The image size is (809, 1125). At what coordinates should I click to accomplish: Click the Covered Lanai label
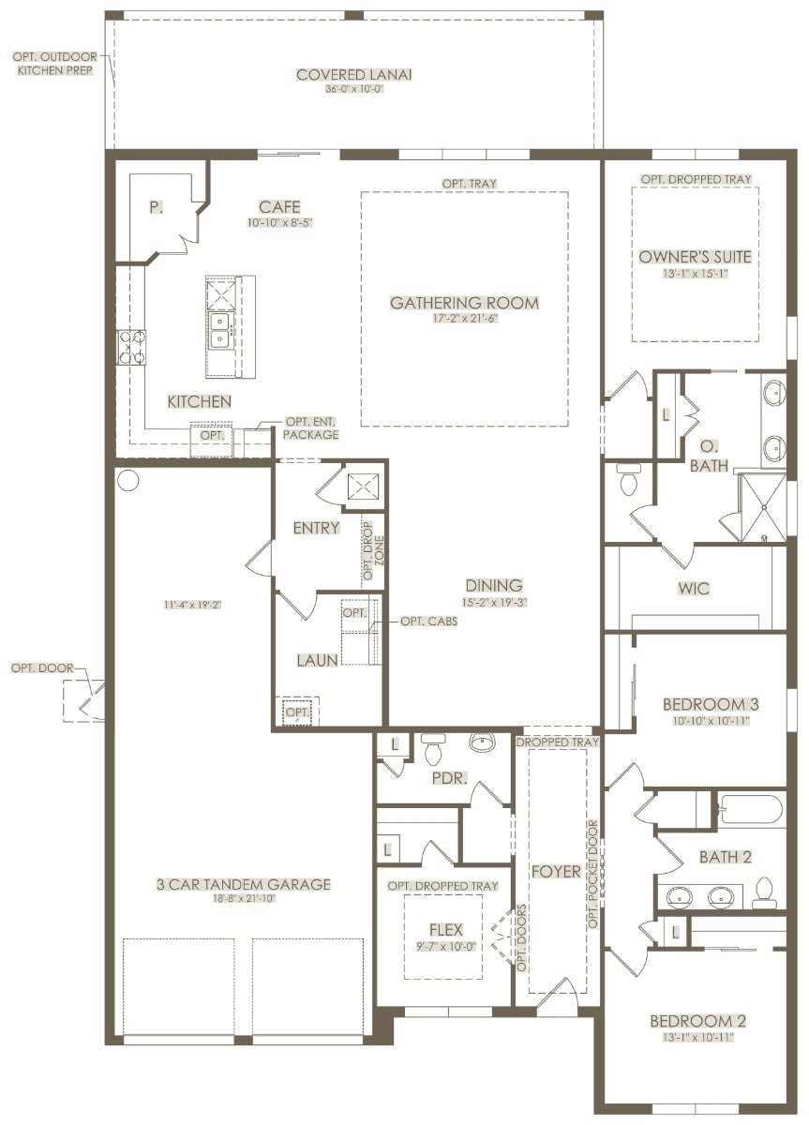354,75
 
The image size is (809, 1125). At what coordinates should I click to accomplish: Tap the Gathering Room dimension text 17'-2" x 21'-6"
465,319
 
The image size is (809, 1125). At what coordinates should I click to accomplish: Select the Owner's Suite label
695,257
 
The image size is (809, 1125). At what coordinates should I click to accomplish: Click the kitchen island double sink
220,329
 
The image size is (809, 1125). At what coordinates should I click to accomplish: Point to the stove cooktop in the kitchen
131,348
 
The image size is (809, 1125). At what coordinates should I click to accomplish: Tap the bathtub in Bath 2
750,810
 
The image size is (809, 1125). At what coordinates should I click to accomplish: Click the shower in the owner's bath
763,507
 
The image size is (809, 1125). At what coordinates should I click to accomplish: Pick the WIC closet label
694,588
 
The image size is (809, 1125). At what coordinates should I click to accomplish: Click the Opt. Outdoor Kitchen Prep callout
55,64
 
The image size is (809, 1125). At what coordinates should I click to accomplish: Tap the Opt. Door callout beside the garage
42,667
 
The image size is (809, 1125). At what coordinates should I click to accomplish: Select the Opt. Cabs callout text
428,622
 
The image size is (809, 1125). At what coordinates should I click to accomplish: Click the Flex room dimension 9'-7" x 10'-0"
446,947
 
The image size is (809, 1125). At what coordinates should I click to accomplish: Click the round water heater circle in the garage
128,480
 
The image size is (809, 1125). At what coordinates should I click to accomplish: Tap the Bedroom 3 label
711,704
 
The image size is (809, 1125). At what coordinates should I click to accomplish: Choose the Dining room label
494,585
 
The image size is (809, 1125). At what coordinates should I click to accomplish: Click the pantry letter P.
156,207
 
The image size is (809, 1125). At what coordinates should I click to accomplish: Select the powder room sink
482,742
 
